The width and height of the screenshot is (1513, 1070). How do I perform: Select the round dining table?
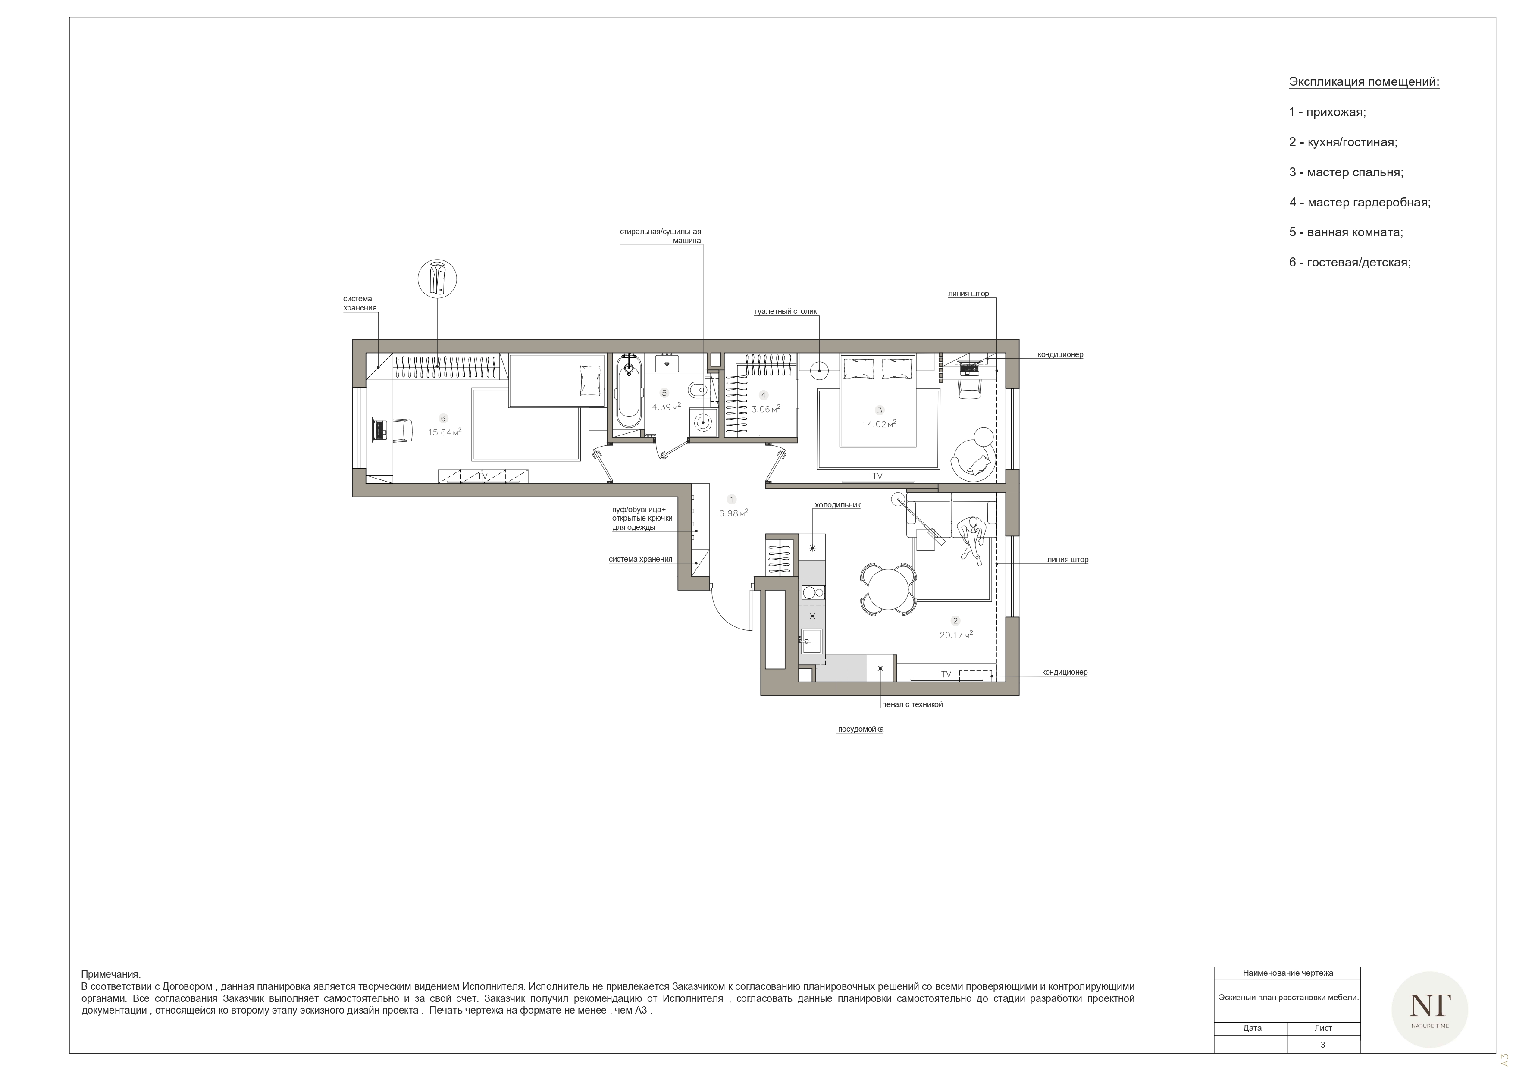pyautogui.click(x=888, y=589)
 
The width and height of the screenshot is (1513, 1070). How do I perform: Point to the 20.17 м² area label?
pyautogui.click(x=956, y=635)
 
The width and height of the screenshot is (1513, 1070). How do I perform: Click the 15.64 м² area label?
pyautogui.click(x=444, y=432)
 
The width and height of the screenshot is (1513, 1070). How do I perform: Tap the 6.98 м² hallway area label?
pyautogui.click(x=733, y=513)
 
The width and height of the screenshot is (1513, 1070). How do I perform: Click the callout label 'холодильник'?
pyautogui.click(x=837, y=505)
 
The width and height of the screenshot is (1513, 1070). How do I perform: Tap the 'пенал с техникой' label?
pyautogui.click(x=912, y=704)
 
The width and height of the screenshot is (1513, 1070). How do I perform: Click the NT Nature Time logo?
pyautogui.click(x=1429, y=1009)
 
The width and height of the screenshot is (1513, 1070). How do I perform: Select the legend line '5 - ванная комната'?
pyautogui.click(x=1346, y=232)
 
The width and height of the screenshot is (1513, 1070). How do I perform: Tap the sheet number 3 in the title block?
pyautogui.click(x=1322, y=1044)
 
